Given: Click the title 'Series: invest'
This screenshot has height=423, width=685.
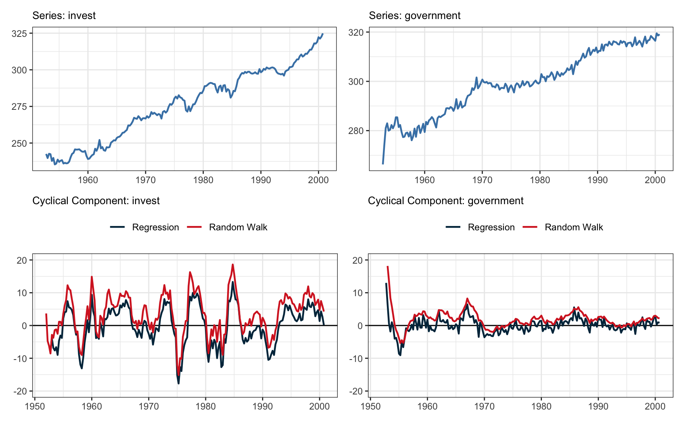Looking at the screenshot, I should point(64,15).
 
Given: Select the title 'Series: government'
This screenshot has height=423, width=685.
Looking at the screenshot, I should point(414,15).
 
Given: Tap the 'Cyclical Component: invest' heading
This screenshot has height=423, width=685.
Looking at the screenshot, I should point(96,201).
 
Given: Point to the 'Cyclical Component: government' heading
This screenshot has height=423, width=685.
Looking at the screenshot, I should point(446,201).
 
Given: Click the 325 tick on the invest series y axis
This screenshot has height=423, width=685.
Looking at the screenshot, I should point(19,34).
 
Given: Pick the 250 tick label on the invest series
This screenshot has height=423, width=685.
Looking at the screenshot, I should point(19,143).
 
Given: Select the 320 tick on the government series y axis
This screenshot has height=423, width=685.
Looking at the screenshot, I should point(356,33).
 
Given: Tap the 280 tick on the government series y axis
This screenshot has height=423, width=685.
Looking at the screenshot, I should point(356,131).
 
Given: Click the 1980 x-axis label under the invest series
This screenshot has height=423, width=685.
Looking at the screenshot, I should point(203,180).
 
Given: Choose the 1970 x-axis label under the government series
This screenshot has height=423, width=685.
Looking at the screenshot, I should point(482,180).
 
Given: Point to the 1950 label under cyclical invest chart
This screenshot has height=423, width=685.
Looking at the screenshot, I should point(35,406).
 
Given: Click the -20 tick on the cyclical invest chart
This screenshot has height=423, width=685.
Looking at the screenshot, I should point(19,391).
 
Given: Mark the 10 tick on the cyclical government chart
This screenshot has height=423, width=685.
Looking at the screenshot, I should point(358,293).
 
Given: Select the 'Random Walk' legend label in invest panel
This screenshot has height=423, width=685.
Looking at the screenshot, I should point(238,227).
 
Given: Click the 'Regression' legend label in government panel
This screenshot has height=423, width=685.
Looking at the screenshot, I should point(491,227).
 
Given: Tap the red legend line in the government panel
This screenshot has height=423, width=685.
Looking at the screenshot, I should point(530,227).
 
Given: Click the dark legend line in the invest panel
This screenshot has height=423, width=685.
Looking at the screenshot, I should point(117,227).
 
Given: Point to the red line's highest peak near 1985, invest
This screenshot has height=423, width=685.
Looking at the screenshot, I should point(233,264).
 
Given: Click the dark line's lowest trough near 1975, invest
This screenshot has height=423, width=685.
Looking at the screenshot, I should point(179,383).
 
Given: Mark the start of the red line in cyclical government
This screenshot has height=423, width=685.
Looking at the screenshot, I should point(387,266).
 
